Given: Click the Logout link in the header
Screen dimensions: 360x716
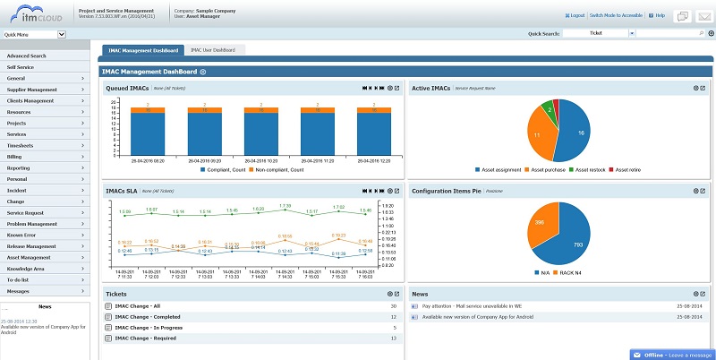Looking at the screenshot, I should pyautogui.click(x=575, y=15).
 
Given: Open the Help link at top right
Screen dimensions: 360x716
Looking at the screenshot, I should pyautogui.click(x=660, y=15).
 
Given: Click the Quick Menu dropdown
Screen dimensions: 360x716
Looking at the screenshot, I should pyautogui.click(x=34, y=34).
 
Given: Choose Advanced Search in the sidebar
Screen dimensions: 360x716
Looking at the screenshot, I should pyautogui.click(x=26, y=56).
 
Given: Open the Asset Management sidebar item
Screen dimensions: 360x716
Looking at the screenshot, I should pyautogui.click(x=31, y=256).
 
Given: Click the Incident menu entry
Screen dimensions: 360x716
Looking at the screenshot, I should pyautogui.click(x=17, y=190).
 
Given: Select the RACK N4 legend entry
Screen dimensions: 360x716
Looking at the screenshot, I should pyautogui.click(x=569, y=271).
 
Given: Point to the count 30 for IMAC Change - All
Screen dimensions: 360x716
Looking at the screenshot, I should pyautogui.click(x=394, y=305).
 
